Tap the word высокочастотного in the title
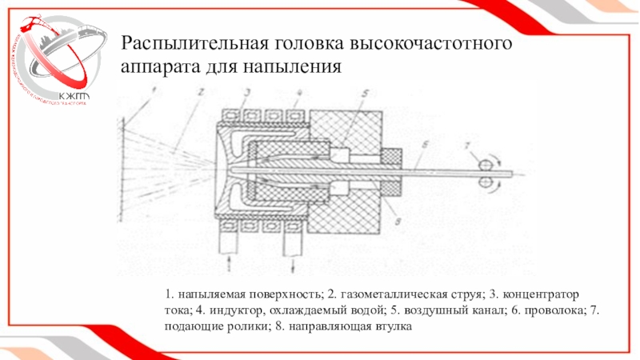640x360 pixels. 432,42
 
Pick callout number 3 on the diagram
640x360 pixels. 247,93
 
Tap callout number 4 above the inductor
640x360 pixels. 298,93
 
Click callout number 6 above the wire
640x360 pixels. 426,143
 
